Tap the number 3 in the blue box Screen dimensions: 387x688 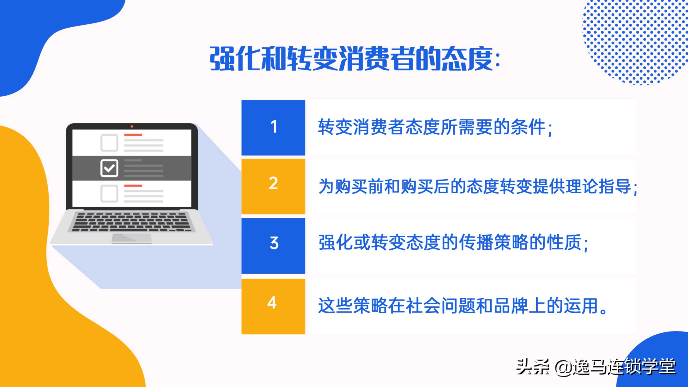point(274,243)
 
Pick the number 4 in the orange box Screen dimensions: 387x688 point(272,303)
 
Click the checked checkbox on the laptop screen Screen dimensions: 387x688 point(109,168)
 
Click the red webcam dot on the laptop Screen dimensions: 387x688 point(132,126)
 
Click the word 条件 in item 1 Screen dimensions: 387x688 point(528,127)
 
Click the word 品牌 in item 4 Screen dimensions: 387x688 point(511,306)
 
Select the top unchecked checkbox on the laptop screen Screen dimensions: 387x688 point(109,143)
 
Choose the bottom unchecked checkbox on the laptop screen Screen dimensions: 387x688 point(109,193)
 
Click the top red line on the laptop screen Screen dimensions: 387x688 point(133,135)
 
